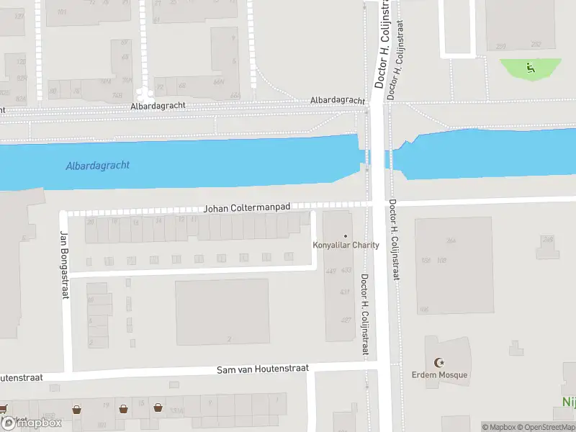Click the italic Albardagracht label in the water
coord(98,166)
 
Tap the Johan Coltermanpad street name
coord(247,207)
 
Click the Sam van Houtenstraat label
coord(263,369)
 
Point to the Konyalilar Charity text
coord(346,245)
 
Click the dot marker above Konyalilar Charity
coord(346,235)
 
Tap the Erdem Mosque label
coord(439,374)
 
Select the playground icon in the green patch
coord(531,68)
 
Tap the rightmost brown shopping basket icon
coord(158,408)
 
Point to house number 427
coord(346,320)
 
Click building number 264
coord(451,240)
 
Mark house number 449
coord(331,271)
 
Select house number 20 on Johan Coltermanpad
coord(91,221)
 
